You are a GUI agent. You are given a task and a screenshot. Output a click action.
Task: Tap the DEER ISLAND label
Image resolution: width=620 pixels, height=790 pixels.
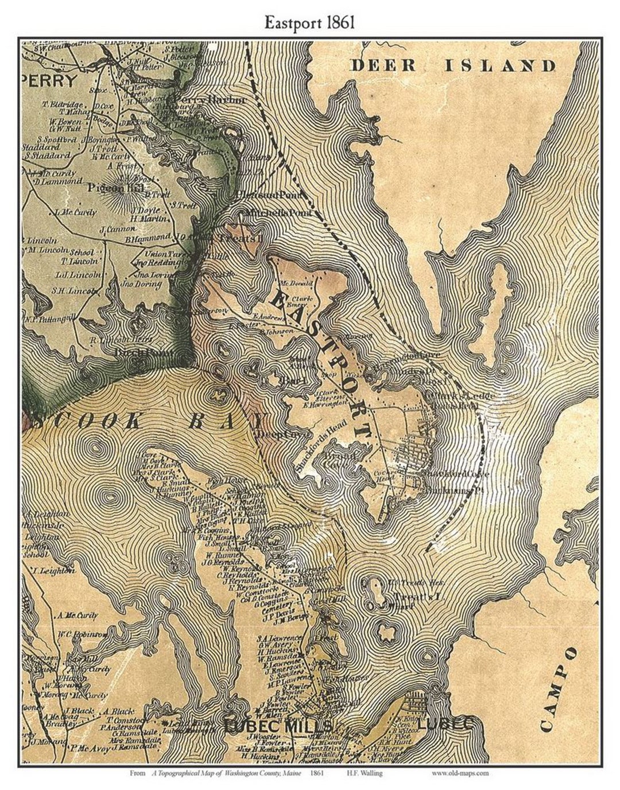click(453, 65)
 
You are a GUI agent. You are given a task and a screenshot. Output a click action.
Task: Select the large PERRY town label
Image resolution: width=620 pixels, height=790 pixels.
click(51, 80)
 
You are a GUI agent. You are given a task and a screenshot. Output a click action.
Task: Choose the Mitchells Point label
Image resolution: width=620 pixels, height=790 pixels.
click(278, 213)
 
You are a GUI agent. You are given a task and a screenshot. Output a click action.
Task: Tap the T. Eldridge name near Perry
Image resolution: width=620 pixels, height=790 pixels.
click(63, 105)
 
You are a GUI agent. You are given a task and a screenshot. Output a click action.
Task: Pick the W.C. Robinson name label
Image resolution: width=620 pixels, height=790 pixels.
click(82, 634)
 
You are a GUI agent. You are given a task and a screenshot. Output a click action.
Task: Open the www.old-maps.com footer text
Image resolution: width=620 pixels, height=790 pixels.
click(459, 773)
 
